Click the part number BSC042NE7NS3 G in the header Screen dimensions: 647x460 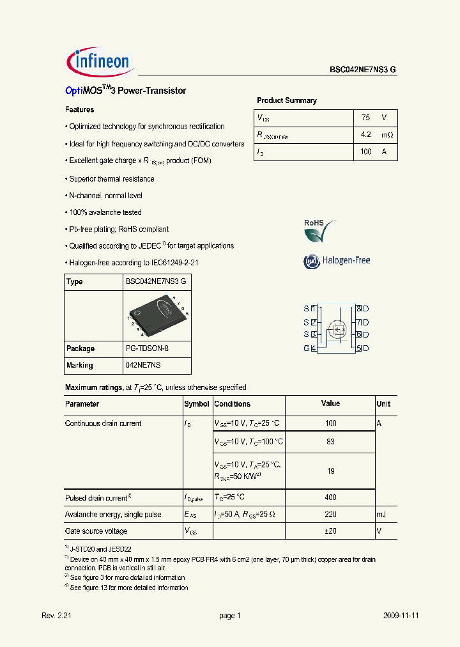coord(363,70)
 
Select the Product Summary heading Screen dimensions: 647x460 coord(286,100)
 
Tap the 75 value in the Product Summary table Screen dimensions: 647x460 coord(365,118)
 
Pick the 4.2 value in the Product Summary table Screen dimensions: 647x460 coord(365,135)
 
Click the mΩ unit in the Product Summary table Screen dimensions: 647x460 coord(387,135)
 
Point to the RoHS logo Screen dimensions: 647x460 coord(319,231)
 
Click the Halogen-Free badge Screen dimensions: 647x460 coord(336,261)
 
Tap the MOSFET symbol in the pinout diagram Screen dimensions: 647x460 coord(336,330)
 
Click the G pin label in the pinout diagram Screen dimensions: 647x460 coord(307,348)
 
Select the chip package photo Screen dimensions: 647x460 coord(157,316)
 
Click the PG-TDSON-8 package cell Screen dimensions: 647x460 coord(148,348)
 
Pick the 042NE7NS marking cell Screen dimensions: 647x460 coord(143,365)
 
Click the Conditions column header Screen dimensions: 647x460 coord(233,404)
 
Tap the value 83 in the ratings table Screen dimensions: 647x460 coord(330,442)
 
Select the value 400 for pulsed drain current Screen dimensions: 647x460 coord(330,497)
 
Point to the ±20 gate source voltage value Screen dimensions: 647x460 coord(330,531)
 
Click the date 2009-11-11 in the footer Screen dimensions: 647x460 coord(401,616)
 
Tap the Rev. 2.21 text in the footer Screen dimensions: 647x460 coord(56,616)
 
